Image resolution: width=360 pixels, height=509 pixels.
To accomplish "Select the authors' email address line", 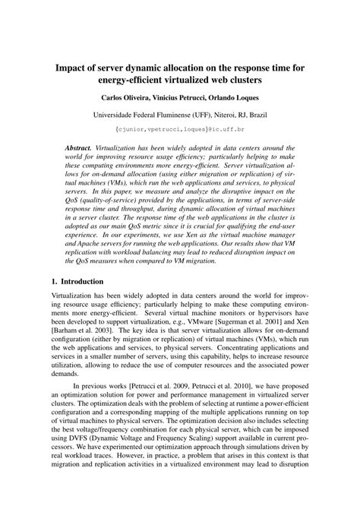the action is coord(180,130).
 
